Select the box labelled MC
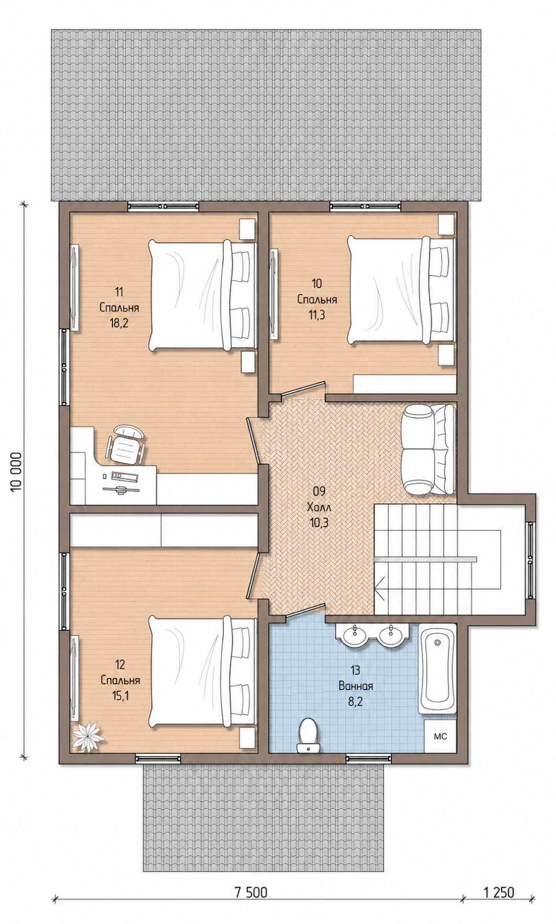click(x=440, y=736)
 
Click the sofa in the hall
click(x=429, y=448)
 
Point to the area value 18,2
click(x=119, y=323)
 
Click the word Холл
click(x=319, y=507)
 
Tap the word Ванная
click(x=356, y=686)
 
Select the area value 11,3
click(x=317, y=315)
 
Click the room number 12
click(x=120, y=665)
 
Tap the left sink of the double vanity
click(x=355, y=636)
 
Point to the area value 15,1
click(x=120, y=696)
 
